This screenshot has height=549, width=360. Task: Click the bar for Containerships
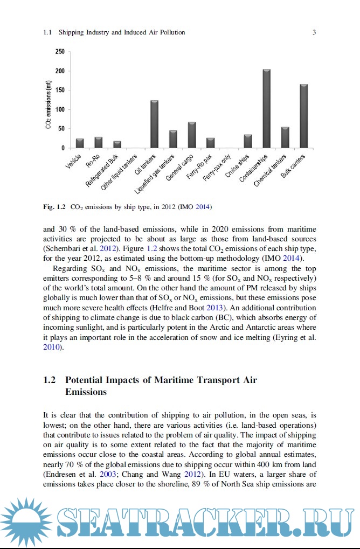(266, 108)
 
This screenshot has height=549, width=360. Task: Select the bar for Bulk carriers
(303, 116)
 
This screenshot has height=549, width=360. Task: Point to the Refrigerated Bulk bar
(117, 144)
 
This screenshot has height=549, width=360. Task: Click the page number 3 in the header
(314, 32)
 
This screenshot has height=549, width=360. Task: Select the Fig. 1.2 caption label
(54, 206)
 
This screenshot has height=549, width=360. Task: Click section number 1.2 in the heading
(49, 380)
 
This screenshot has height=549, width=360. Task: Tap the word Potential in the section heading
(85, 380)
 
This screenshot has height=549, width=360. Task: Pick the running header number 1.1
(47, 32)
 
